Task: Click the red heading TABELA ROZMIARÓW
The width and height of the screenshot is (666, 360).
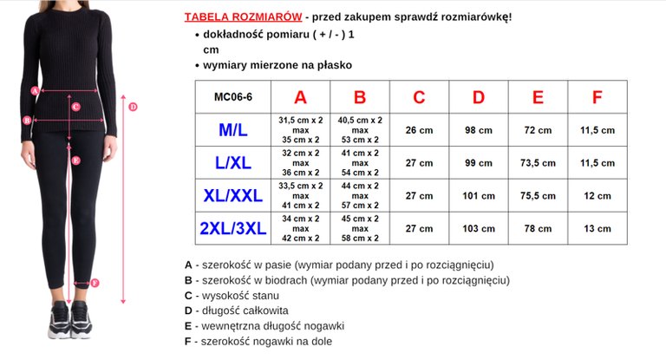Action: pos(243,17)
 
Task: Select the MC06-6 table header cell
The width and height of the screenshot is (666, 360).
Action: pos(232,98)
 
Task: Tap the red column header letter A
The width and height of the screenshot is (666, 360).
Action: pos(300,97)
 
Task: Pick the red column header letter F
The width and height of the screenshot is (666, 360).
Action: pos(597,97)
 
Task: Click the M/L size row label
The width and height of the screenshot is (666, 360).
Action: pos(232,130)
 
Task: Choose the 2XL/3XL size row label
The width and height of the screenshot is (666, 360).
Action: pos(232,229)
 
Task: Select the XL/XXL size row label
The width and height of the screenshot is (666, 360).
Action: pos(232,196)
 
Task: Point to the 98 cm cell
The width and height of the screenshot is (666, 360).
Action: pos(479,130)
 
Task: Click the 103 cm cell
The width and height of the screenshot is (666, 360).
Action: pos(479,229)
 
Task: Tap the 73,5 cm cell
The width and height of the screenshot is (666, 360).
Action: pos(538,163)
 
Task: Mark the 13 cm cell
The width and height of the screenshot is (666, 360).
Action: pos(597,229)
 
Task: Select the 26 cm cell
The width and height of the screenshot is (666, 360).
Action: pos(419,130)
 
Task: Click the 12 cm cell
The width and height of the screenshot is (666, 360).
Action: pos(597,196)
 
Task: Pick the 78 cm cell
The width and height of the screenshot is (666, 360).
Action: pos(538,229)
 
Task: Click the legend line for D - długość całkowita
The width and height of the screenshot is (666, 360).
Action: pos(237,311)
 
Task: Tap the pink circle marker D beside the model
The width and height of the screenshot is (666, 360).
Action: pos(132,107)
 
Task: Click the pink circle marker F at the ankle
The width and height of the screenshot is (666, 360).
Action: pos(95,282)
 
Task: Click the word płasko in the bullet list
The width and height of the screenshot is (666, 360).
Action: pos(335,65)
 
